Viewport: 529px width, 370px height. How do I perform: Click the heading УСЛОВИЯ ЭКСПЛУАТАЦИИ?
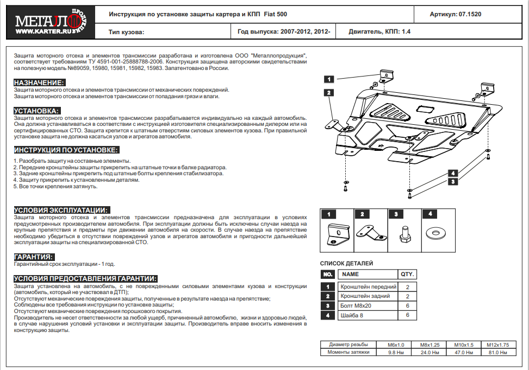tap(61, 210)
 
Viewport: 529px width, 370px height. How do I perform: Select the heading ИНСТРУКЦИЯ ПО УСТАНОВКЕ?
tap(66, 150)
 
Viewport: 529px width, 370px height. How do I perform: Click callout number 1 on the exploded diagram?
tap(329, 79)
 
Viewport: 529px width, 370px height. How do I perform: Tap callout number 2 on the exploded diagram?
tap(329, 93)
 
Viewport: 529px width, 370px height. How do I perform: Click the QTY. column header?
tap(407, 275)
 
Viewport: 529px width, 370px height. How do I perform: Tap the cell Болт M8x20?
tap(356, 305)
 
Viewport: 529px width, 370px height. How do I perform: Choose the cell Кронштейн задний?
tap(365, 296)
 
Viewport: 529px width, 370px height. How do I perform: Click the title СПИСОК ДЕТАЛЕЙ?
tap(346, 264)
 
